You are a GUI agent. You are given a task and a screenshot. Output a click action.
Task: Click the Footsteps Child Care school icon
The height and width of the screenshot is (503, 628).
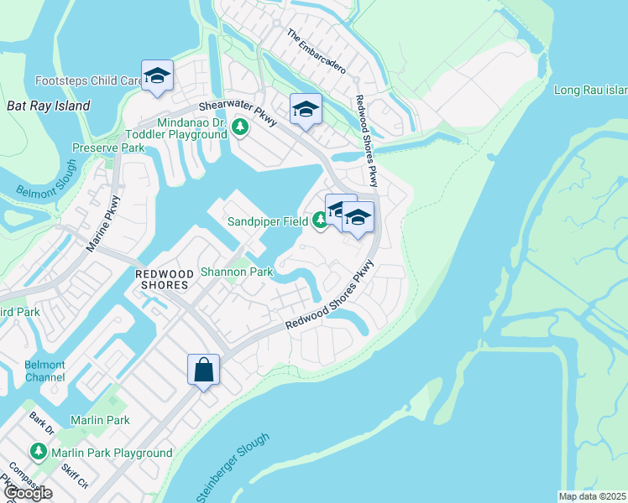click(x=157, y=77)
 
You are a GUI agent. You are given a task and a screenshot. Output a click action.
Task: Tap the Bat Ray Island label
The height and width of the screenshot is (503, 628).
click(x=48, y=106)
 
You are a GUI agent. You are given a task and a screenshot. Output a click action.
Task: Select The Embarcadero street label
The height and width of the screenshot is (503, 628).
click(x=317, y=49)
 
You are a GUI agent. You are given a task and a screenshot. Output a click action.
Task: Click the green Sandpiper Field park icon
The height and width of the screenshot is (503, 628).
click(x=320, y=221)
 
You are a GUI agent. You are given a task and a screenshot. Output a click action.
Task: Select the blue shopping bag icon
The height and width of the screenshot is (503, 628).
click(x=204, y=370)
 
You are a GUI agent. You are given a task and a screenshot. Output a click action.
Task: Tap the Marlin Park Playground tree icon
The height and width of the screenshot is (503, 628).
click(x=39, y=453)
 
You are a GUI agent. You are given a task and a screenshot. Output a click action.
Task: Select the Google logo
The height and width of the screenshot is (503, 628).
click(x=27, y=493)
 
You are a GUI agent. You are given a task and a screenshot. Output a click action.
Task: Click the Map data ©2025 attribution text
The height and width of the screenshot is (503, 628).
click(x=592, y=496)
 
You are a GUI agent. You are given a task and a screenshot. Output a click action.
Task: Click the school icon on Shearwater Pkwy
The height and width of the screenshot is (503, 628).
click(x=306, y=109)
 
